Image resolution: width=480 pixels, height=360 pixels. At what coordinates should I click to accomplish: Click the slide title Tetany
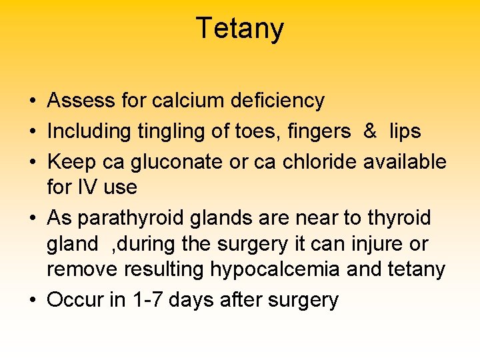[x=240, y=29]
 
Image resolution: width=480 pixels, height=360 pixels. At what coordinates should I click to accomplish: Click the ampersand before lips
[x=370, y=131]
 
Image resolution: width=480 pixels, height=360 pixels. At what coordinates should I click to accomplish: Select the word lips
[x=405, y=131]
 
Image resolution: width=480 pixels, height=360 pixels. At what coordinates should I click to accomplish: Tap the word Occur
[x=75, y=300]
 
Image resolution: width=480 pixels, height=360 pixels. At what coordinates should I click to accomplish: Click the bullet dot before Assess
[x=32, y=101]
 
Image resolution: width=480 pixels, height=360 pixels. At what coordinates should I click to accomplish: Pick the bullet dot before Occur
[x=32, y=300]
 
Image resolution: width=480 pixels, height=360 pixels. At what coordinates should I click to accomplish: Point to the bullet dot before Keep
[x=32, y=162]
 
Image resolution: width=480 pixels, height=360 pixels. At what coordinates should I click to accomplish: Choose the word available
[x=405, y=161]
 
